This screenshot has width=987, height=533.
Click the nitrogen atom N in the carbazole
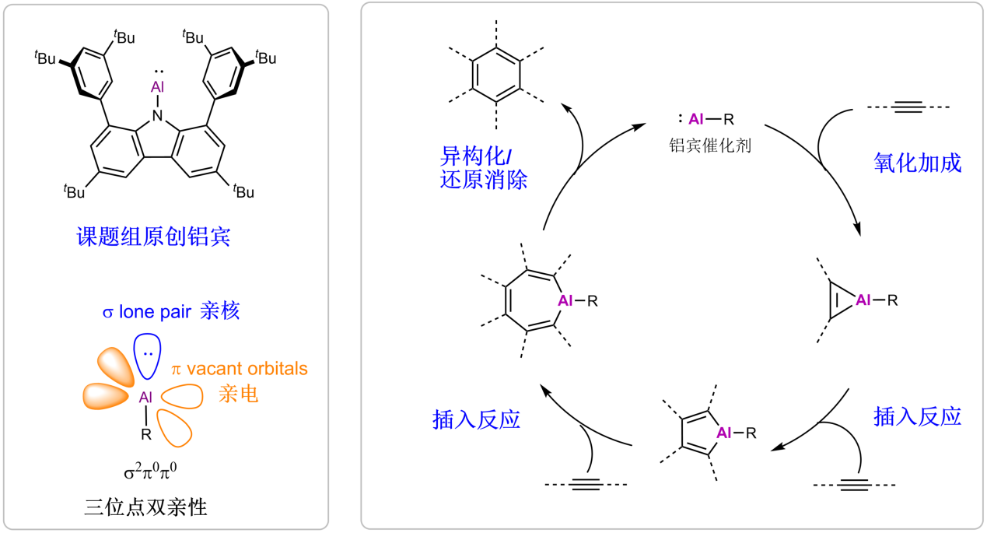tap(158, 116)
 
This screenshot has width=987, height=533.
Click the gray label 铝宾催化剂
tap(711, 146)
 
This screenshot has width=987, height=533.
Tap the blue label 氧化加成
tap(917, 163)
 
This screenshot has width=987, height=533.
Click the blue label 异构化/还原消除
tap(483, 167)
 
